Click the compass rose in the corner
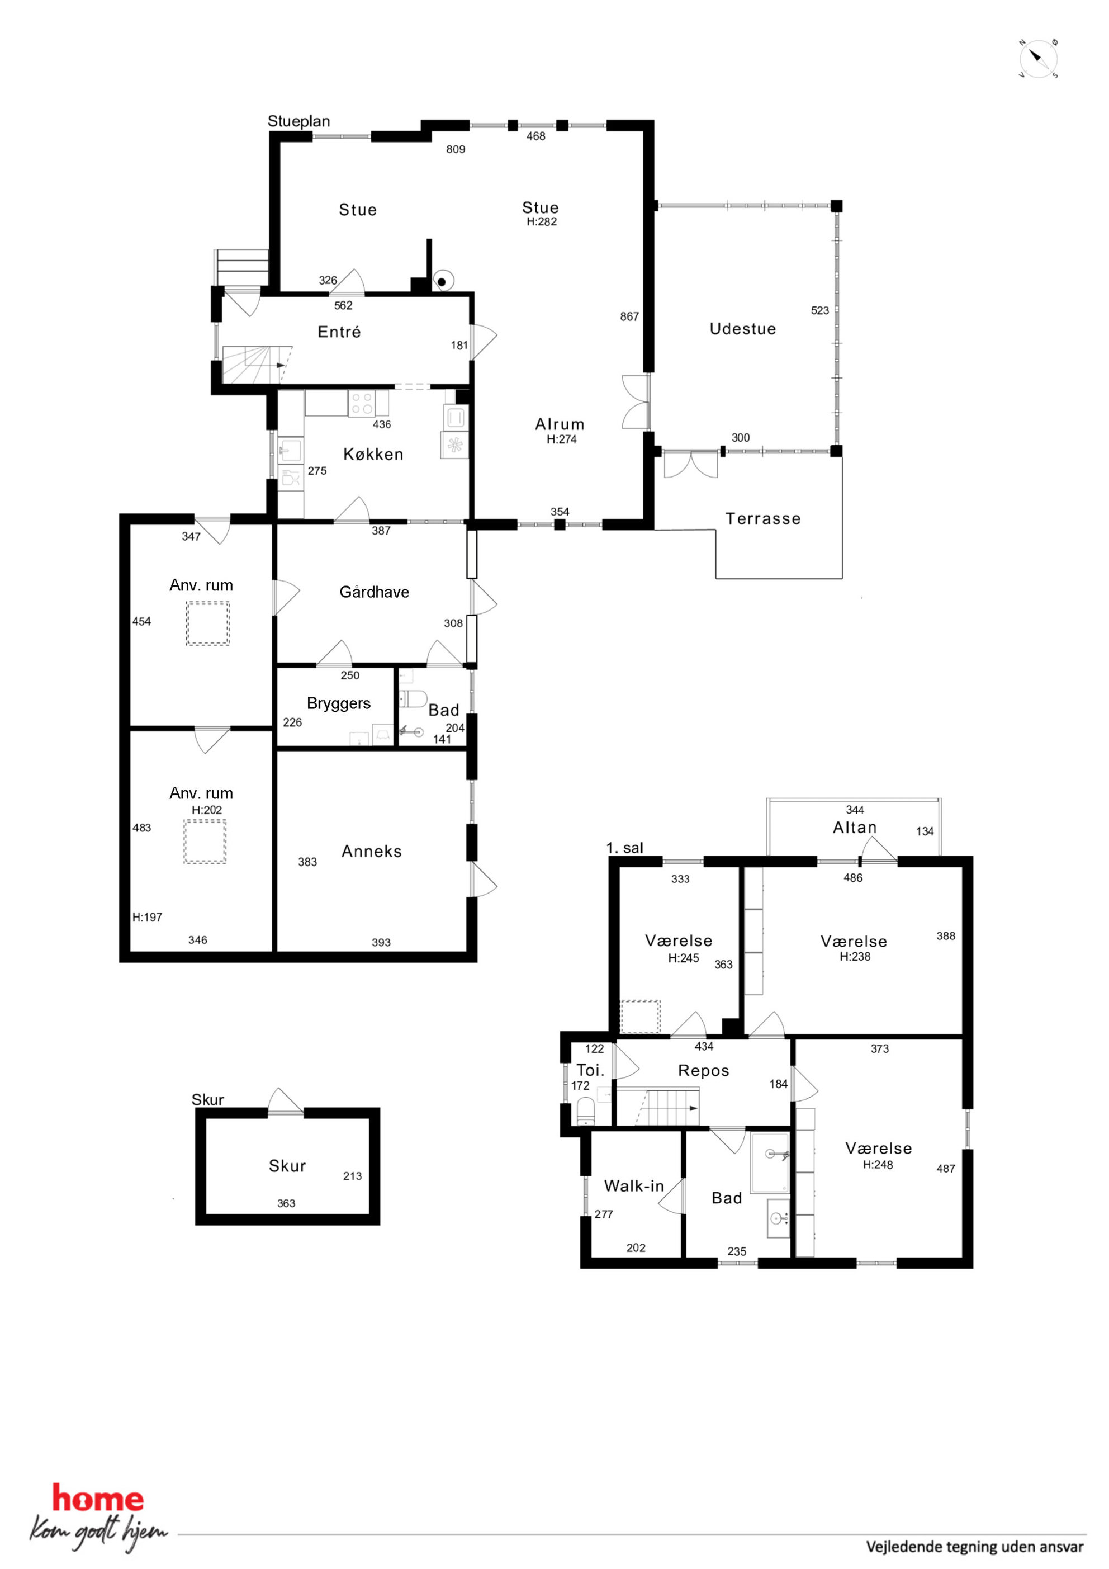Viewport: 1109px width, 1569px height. click(x=1038, y=59)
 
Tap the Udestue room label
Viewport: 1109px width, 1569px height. click(x=743, y=329)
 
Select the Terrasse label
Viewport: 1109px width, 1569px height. click(x=763, y=519)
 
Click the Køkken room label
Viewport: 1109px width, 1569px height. click(x=373, y=455)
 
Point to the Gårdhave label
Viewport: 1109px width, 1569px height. click(x=375, y=592)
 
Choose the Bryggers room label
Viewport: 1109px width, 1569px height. click(x=339, y=704)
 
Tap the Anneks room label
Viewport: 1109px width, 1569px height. click(x=372, y=852)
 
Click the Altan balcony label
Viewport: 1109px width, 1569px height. click(x=855, y=828)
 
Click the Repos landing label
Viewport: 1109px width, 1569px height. click(x=704, y=1071)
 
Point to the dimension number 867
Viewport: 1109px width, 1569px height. click(x=629, y=316)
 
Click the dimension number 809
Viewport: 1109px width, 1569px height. click(x=456, y=149)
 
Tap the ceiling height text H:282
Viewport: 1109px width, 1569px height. click(x=542, y=221)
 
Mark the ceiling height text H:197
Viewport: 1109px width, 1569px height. click(x=148, y=917)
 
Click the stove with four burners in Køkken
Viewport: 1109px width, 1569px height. click(x=362, y=404)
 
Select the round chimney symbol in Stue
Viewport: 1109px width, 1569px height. click(x=443, y=281)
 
